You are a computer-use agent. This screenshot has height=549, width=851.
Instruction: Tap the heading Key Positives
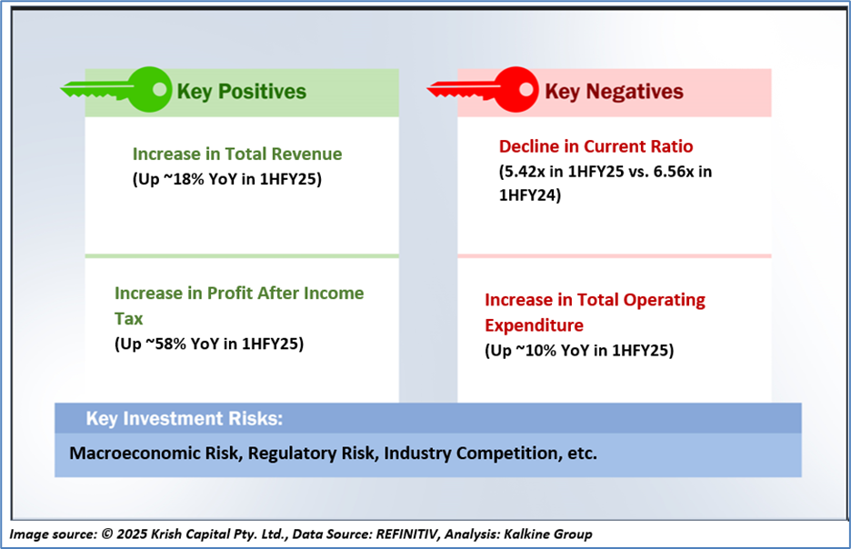tap(242, 92)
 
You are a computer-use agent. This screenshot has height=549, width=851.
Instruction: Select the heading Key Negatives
tap(614, 92)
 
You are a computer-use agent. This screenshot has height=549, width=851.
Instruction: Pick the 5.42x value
tap(525, 172)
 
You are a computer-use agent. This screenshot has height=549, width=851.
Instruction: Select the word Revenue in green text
tap(306, 155)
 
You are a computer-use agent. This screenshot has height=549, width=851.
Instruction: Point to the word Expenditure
tap(534, 325)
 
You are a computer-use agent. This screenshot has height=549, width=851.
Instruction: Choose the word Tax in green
tap(128, 318)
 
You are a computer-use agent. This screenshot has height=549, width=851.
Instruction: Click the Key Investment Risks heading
tap(185, 419)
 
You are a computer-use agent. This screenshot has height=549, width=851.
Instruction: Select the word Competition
tap(507, 453)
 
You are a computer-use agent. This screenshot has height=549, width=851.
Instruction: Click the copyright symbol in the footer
tap(107, 534)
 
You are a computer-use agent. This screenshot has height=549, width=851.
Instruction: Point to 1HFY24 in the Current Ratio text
tap(530, 195)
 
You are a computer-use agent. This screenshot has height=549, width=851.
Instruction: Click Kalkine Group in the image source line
tap(548, 534)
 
